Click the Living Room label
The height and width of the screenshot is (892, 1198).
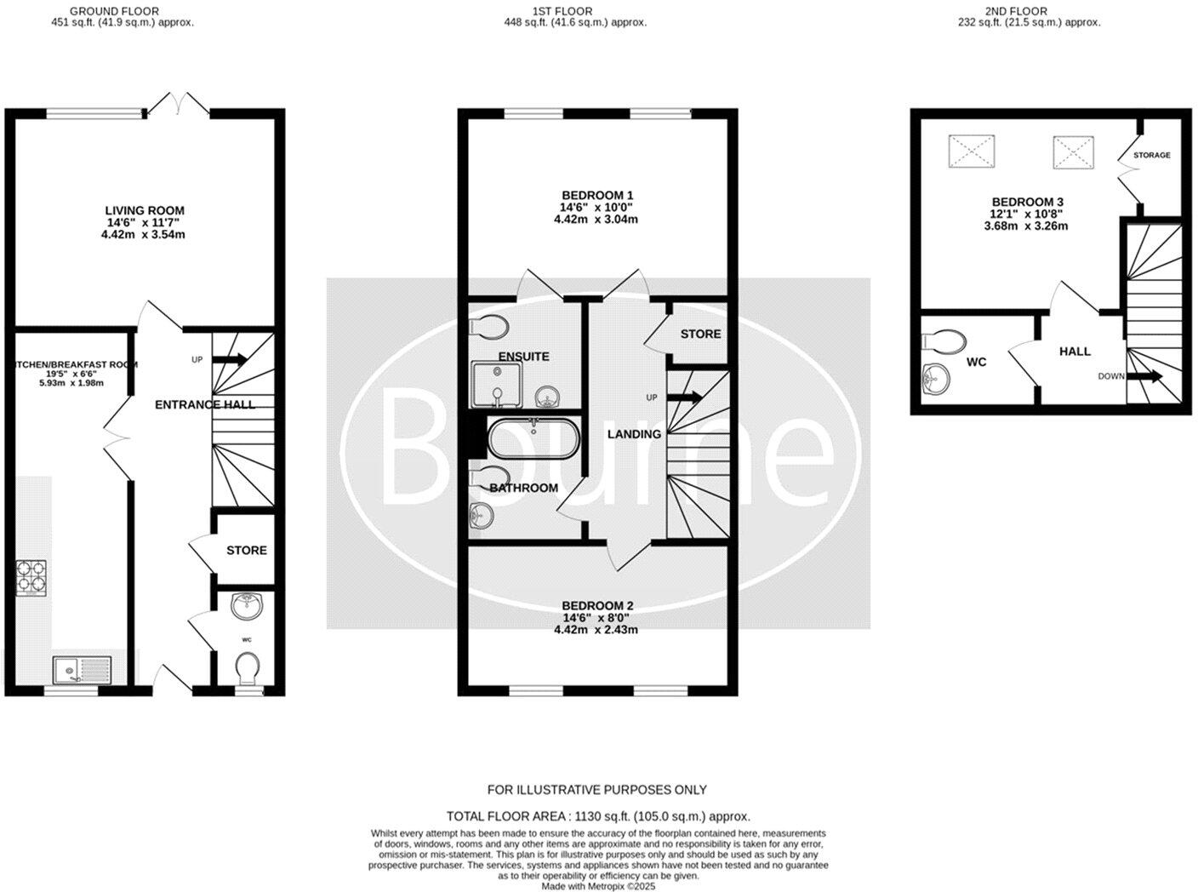tap(144, 210)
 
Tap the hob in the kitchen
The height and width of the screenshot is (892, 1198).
tap(31, 576)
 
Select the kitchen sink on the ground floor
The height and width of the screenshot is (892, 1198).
tap(77, 671)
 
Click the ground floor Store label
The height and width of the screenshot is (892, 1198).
tap(247, 551)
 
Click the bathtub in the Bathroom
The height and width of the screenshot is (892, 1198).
tap(533, 437)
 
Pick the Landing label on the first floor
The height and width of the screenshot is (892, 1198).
tap(634, 434)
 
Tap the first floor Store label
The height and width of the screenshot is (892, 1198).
tap(700, 334)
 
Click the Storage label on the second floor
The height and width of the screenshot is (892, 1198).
tap(1151, 155)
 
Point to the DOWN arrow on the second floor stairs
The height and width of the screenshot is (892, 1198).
tap(1145, 376)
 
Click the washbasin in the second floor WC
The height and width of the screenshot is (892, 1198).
tap(937, 378)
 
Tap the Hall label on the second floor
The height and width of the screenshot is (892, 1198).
tap(1075, 351)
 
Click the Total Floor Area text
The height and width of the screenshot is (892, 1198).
tap(598, 815)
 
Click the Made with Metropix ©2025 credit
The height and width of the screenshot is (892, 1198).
tap(598, 886)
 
